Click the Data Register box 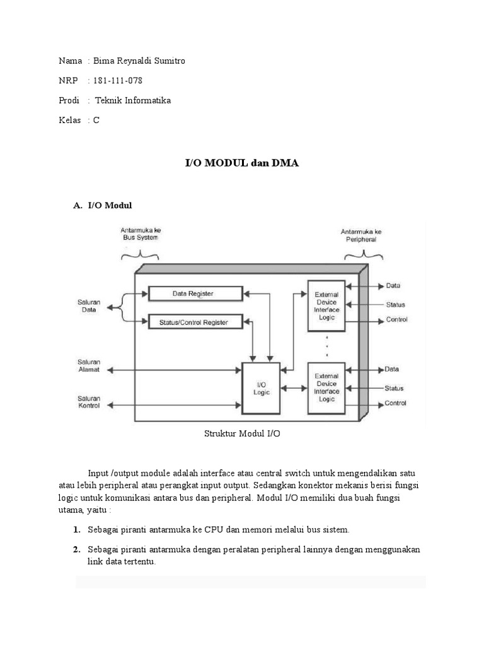point(195,293)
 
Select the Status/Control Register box point(195,322)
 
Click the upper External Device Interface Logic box point(326,306)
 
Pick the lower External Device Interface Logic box point(326,388)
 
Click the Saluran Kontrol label point(89,402)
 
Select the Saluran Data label point(89,307)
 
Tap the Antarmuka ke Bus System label point(140,234)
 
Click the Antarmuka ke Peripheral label point(360,235)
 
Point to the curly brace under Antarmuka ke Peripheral point(364,255)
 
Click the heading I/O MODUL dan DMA point(241,163)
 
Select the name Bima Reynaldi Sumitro point(139,61)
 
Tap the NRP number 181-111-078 point(122,81)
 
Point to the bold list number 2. point(76,550)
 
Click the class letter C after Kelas point(96,120)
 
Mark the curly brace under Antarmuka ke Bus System point(140,255)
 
